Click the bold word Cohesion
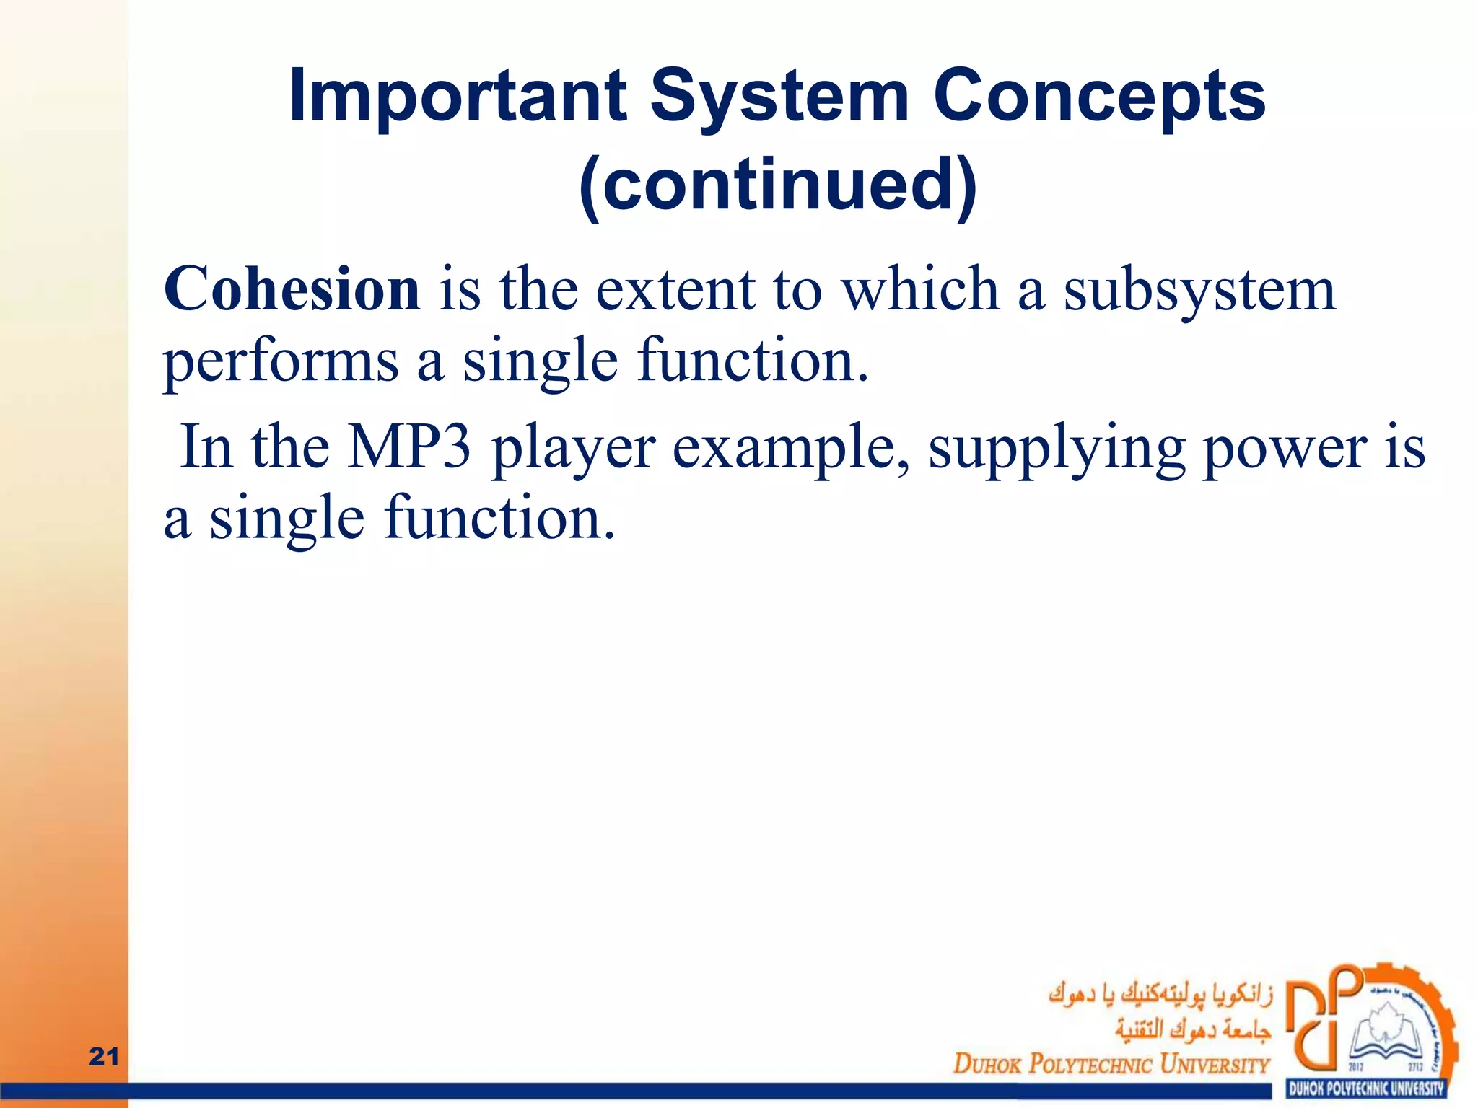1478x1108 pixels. [292, 289]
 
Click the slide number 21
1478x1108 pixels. [103, 1057]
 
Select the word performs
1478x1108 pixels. [281, 361]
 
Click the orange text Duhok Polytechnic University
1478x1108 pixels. [1111, 1063]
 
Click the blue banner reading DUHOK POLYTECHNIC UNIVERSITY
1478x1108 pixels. [1366, 1089]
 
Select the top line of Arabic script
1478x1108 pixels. [1160, 995]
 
